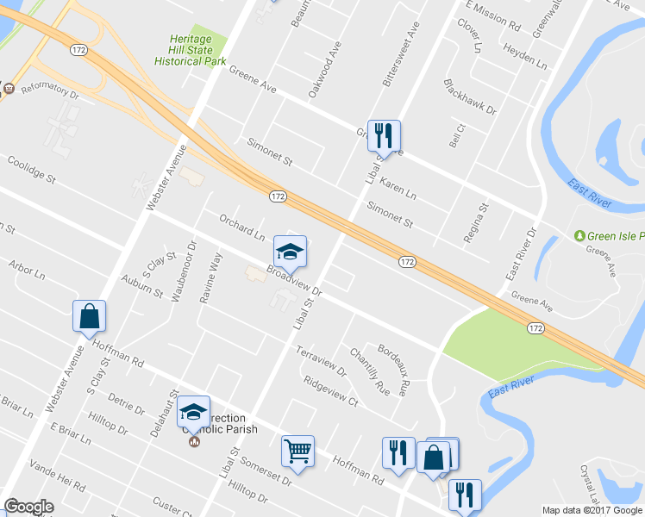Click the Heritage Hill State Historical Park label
tap(197, 50)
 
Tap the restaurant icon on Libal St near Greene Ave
tap(384, 135)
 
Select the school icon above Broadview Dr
tap(290, 252)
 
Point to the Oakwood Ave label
tap(320, 78)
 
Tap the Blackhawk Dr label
tap(470, 97)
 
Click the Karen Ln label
tap(398, 190)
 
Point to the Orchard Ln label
tap(241, 227)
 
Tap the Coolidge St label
tap(31, 169)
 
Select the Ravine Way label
tap(211, 278)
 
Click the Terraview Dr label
tap(320, 362)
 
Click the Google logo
tap(28, 507)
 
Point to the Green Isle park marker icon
tap(580, 235)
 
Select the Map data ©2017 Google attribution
tap(592, 510)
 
